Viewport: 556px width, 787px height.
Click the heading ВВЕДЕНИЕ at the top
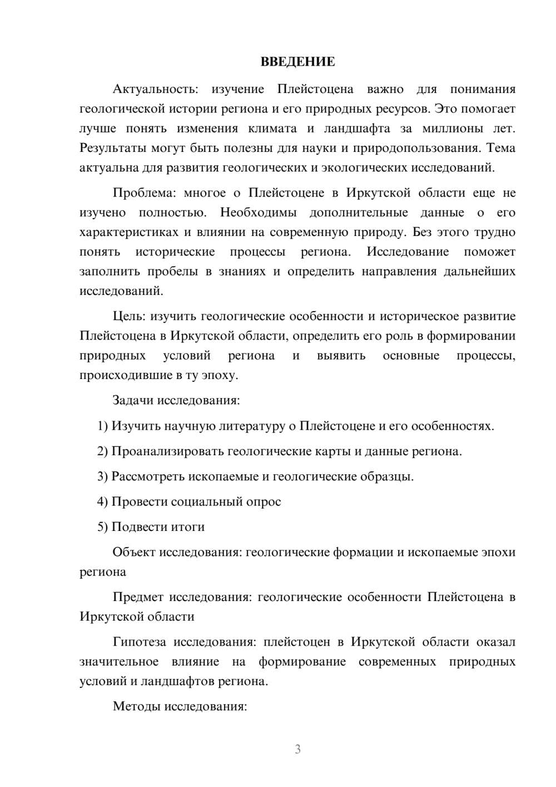(297, 62)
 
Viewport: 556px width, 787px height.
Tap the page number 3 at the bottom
(297, 749)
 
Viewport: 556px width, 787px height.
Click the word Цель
(129, 317)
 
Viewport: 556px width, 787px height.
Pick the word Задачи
(133, 400)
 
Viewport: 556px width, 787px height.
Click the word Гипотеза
(139, 642)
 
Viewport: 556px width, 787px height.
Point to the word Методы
(135, 707)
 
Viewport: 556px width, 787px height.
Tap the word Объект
(134, 553)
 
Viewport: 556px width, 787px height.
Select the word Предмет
(138, 597)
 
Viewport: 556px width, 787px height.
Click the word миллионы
(453, 129)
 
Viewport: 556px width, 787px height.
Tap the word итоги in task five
(188, 527)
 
